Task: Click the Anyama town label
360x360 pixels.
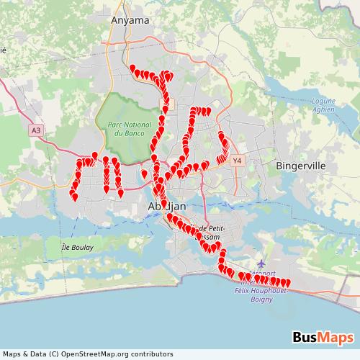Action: click(x=130, y=21)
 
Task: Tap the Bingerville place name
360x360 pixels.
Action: click(x=301, y=166)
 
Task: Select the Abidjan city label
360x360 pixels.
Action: click(x=166, y=207)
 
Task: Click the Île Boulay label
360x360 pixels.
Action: click(x=73, y=243)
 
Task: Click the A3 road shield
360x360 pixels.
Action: click(x=37, y=130)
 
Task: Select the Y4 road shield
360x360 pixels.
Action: click(x=238, y=161)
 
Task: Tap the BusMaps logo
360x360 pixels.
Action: click(x=323, y=337)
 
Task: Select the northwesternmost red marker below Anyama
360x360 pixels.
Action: click(x=133, y=68)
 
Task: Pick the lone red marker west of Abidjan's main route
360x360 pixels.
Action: click(x=144, y=173)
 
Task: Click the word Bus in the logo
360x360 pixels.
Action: click(x=306, y=337)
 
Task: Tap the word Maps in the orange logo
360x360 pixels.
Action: click(x=336, y=337)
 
